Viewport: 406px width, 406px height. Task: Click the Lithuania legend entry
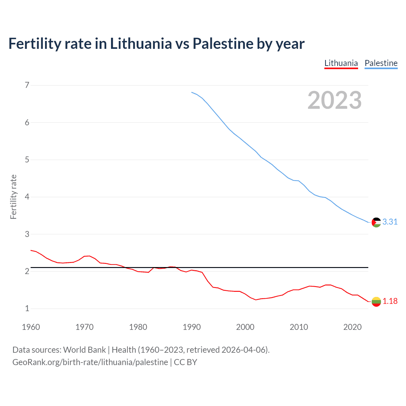pos(341,63)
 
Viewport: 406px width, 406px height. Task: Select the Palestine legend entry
pos(381,63)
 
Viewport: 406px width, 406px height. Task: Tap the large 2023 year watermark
pos(334,100)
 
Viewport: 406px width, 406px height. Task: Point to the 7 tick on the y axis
pos(27,85)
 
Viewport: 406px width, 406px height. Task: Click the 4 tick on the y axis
pos(27,197)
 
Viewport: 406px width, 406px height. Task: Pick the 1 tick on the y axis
pos(27,308)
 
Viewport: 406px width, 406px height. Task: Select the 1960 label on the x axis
pos(31,327)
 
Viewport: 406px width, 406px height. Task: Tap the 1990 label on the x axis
pos(192,327)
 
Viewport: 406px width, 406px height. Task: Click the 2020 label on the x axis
pos(352,327)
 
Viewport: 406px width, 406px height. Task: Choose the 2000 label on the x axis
pos(245,327)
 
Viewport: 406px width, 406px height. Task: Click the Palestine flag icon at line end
pos(376,222)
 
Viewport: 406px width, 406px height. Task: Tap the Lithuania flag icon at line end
pos(376,302)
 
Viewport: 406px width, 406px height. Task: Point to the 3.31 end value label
pos(390,222)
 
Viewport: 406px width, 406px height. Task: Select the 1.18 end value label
pos(390,301)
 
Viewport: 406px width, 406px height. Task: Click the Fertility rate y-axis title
pos(13,197)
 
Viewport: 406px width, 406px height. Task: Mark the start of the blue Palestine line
pos(192,92)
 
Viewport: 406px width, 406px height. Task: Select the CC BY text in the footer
pos(185,362)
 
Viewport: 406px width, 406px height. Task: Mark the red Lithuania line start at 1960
pos(31,250)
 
